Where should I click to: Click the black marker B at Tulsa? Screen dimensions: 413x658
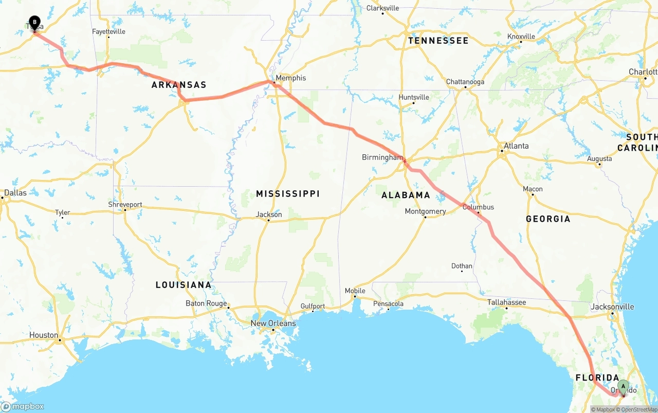pyautogui.click(x=34, y=22)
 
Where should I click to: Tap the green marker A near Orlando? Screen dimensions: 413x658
pyautogui.click(x=623, y=386)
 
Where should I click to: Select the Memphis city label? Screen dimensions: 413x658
pyautogui.click(x=290, y=78)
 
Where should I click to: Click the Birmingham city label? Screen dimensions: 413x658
pyautogui.click(x=382, y=157)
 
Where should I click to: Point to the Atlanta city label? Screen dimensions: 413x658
pyautogui.click(x=516, y=146)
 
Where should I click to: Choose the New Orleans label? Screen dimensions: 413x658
pyautogui.click(x=273, y=324)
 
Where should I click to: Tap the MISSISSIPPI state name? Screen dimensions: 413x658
pyautogui.click(x=288, y=194)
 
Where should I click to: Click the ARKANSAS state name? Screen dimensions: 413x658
pyautogui.click(x=179, y=85)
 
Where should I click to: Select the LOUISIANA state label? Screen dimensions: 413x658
pyautogui.click(x=184, y=285)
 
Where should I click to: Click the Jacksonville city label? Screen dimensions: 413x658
pyautogui.click(x=612, y=307)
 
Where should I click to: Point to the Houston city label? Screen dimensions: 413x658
pyautogui.click(x=44, y=335)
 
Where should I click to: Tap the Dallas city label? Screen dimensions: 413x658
pyautogui.click(x=15, y=193)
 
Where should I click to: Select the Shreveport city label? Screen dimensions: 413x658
pyautogui.click(x=125, y=204)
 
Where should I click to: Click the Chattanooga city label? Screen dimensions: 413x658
pyautogui.click(x=465, y=82)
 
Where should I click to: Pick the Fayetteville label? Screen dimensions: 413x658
pyautogui.click(x=108, y=31)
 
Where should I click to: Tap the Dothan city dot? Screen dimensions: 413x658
pyautogui.click(x=462, y=271)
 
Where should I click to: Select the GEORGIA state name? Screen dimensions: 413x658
pyautogui.click(x=548, y=219)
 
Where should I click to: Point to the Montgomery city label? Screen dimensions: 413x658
pyautogui.click(x=425, y=211)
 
